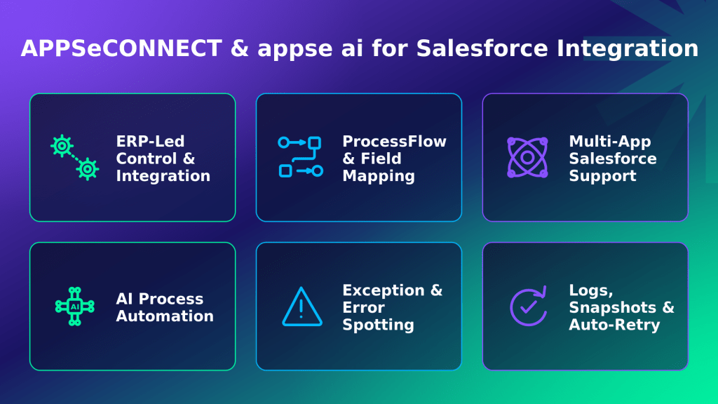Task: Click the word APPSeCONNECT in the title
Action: [121, 48]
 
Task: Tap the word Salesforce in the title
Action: [482, 48]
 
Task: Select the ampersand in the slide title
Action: [239, 48]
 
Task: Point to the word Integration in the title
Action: [628, 49]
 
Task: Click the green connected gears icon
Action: [74, 158]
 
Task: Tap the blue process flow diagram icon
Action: [300, 157]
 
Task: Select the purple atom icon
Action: [527, 158]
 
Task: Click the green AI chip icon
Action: [74, 307]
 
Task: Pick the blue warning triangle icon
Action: [302, 307]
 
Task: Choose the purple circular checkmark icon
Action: [528, 307]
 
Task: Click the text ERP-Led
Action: [150, 141]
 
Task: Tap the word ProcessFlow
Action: [394, 141]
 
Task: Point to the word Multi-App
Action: [610, 142]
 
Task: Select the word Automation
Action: [165, 316]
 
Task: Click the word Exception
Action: [384, 290]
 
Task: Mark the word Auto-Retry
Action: [614, 325]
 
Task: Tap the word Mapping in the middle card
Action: [379, 176]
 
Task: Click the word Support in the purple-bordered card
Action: [602, 176]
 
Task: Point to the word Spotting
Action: [378, 325]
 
